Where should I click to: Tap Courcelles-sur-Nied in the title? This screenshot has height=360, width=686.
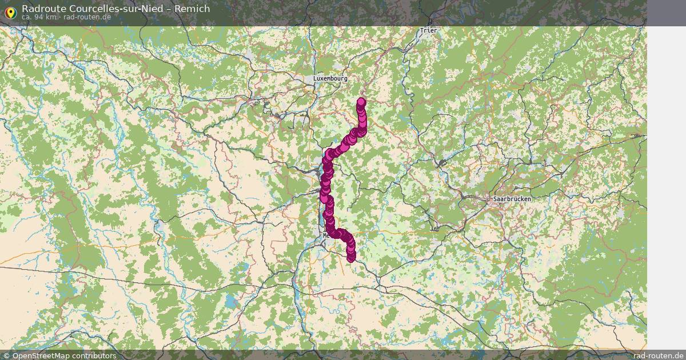coord(121,9)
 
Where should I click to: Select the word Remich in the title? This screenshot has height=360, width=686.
coord(193,9)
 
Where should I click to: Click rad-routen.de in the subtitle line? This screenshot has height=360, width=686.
coord(87,17)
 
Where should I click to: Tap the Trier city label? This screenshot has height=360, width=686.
coord(428,30)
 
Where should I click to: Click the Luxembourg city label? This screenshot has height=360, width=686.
coord(330,78)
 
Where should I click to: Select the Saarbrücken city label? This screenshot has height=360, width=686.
coord(512,199)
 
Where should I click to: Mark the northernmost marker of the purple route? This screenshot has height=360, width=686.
coord(361,102)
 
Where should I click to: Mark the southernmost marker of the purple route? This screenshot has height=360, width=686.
coord(351,258)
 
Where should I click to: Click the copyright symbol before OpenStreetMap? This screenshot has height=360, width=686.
coord(7,355)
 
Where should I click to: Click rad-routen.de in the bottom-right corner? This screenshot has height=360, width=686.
coord(658,355)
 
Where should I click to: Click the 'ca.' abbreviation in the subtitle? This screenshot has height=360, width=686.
coord(27,17)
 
